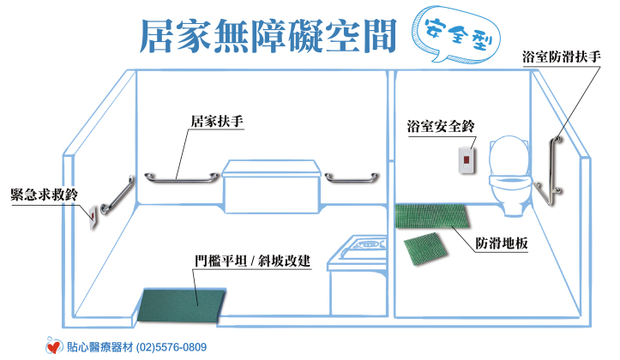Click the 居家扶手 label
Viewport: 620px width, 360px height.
click(x=217, y=122)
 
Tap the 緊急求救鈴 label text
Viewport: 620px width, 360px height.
click(x=44, y=195)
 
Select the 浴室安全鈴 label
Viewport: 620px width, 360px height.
click(x=441, y=127)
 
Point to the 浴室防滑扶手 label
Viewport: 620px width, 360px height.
click(x=561, y=57)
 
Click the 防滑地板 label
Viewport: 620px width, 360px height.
click(x=502, y=243)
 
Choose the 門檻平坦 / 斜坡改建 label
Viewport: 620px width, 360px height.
click(x=252, y=261)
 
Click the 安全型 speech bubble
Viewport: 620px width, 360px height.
click(x=455, y=36)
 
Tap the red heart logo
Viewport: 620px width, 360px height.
click(x=53, y=347)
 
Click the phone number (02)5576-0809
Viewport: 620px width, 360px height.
click(x=172, y=347)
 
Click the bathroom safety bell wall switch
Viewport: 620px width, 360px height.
click(x=467, y=160)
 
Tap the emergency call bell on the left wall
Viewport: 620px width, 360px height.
click(x=93, y=217)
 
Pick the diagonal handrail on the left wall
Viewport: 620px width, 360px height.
click(x=117, y=195)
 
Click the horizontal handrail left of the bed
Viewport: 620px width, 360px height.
click(x=181, y=179)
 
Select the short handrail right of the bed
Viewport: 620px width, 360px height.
click(x=352, y=178)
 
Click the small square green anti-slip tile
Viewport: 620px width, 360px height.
click(x=425, y=249)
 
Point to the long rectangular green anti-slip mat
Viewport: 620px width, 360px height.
click(x=432, y=216)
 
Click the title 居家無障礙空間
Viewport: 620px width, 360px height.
click(x=268, y=36)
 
